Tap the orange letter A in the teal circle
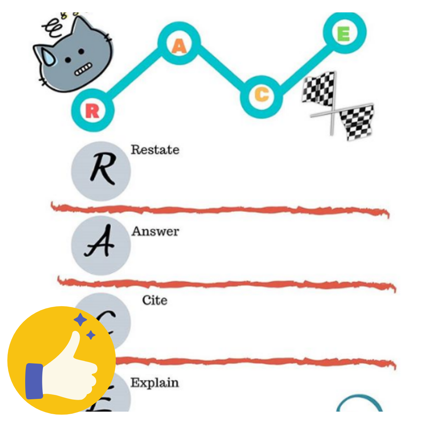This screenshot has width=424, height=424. click(179, 47)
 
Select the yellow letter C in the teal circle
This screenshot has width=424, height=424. click(261, 95)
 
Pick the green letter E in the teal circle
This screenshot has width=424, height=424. click(344, 35)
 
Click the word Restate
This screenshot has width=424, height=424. click(155, 150)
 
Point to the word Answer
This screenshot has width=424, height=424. click(155, 232)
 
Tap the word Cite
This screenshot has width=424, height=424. click(155, 301)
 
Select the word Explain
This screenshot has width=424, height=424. click(154, 383)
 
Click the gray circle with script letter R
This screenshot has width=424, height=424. click(101, 171)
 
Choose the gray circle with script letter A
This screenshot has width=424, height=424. click(101, 245)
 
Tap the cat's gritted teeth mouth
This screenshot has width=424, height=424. click(82, 70)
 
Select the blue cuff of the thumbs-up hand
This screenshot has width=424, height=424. click(34, 381)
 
